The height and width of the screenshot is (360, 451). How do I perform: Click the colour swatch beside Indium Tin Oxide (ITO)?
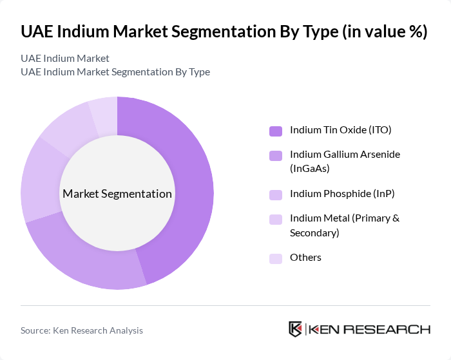[276, 131]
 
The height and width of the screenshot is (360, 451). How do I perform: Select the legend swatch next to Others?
[276, 258]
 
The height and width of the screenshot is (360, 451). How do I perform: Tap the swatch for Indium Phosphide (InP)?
[276, 194]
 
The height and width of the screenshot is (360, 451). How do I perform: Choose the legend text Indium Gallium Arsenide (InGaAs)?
[345, 162]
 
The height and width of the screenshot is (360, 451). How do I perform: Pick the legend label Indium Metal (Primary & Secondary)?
[345, 225]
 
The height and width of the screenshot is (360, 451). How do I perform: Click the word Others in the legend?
[305, 258]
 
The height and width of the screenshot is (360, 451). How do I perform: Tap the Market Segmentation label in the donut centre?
[117, 194]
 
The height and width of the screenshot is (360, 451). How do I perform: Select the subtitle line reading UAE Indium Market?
[64, 59]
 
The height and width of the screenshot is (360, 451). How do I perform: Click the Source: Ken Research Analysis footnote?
[82, 330]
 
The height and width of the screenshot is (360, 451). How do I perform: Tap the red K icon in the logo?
[296, 329]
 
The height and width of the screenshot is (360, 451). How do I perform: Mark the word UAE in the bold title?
[37, 32]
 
